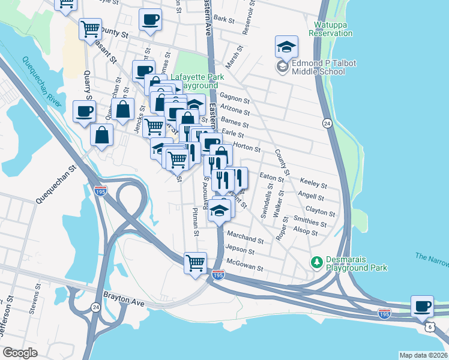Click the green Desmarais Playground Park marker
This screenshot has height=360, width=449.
pos(315,263)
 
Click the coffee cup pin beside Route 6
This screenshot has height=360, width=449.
pos(423,306)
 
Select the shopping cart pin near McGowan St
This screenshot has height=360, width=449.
pos(196,263)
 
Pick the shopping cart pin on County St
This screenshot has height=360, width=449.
pos(90,28)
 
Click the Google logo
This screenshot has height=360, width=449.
pos(20,353)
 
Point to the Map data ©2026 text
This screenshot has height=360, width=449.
pos(423,355)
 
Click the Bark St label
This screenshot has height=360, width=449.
pos(224,19)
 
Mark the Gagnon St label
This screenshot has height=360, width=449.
pos(235,97)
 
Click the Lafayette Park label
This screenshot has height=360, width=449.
pos(197,77)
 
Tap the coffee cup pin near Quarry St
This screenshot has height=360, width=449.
pos(84,110)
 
